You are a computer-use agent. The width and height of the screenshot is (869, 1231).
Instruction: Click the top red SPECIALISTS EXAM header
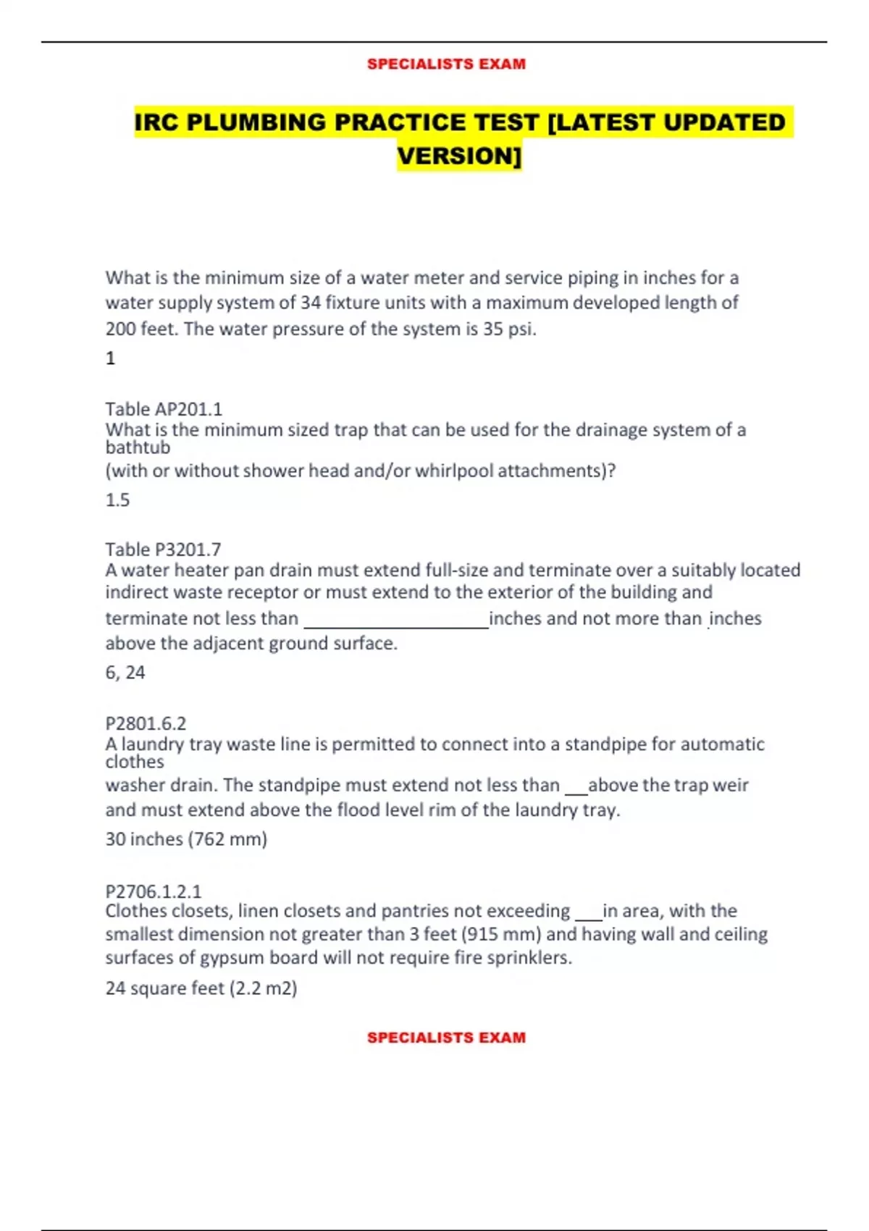pos(446,64)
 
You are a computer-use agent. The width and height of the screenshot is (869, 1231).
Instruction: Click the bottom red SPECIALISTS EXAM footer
pos(446,1037)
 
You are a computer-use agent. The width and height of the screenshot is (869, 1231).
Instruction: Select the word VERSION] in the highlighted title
pos(459,156)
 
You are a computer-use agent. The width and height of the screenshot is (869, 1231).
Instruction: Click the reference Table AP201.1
pos(164,409)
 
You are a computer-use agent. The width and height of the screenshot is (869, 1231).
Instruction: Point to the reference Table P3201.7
pos(163,550)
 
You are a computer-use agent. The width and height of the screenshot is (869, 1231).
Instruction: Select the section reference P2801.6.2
pos(146,723)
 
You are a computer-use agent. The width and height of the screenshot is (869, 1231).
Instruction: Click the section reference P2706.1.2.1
pos(154,891)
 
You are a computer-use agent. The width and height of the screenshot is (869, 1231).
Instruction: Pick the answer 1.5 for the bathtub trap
pos(117,500)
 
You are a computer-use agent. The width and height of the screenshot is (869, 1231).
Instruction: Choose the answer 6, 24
pos(125,673)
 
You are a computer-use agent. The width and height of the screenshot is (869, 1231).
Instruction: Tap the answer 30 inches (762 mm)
pos(186,839)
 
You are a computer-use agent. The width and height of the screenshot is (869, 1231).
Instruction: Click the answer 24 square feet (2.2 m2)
pos(201,988)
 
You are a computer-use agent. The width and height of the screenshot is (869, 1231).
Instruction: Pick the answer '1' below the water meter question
pos(110,358)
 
